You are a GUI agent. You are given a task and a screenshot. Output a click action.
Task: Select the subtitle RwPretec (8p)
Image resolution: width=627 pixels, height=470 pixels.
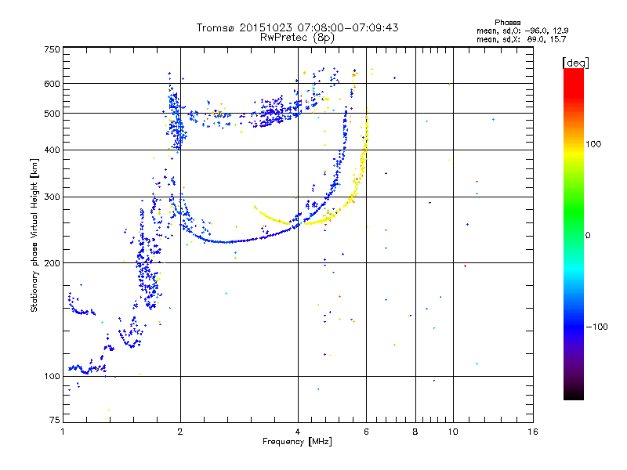pos(297,38)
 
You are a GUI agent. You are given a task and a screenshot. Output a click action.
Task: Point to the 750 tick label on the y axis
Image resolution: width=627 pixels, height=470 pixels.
pos(52,49)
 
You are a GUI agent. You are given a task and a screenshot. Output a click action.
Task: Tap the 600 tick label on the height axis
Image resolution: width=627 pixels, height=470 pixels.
pos(52,84)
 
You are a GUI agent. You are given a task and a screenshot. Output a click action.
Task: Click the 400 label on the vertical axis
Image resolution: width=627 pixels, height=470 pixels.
pos(52,150)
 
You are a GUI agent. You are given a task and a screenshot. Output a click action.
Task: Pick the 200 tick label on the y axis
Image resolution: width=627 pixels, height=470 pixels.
pos(52,263)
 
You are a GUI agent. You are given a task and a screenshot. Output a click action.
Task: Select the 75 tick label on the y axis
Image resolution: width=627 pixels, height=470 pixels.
pos(54,420)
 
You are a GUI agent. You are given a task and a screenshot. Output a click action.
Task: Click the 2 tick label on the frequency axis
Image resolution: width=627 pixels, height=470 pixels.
pos(180,432)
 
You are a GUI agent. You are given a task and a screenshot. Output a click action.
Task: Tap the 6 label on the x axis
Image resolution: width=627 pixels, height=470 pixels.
pos(366,432)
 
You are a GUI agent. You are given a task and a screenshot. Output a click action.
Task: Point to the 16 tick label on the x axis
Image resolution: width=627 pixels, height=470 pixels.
pos(533,432)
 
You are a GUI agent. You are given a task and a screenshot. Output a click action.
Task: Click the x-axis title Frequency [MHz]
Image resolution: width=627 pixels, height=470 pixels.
pos(297,442)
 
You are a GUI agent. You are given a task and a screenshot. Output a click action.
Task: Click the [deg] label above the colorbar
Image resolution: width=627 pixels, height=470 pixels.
pos(575,63)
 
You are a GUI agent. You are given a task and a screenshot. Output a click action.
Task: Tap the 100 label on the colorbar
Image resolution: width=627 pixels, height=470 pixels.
pos(593,144)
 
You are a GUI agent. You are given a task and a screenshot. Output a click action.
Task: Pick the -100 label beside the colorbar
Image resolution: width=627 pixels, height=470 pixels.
pos(597,327)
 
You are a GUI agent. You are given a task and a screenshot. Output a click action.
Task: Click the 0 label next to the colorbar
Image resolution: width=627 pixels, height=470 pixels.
pos(588,236)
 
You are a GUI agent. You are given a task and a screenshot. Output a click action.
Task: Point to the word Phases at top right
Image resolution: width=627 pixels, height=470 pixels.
pos(507,23)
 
